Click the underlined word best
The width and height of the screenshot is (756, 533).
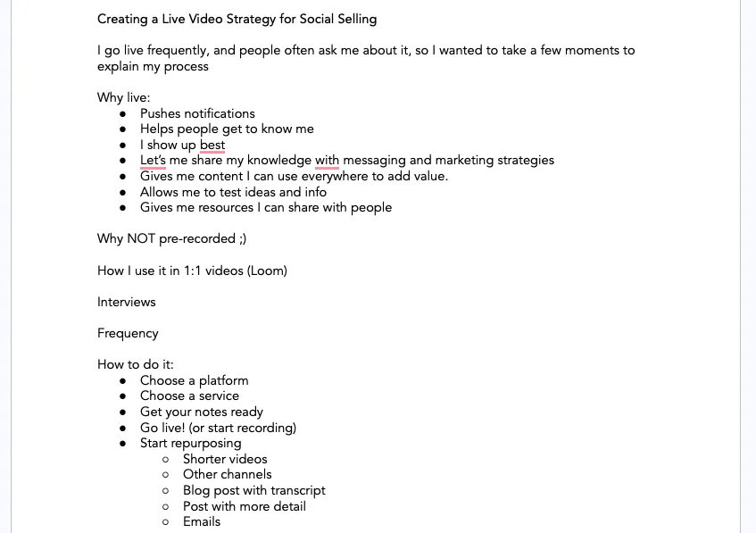coord(212,145)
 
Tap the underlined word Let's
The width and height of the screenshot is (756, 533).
coord(153,161)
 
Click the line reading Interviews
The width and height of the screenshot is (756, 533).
coord(127,302)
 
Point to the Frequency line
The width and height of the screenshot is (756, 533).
coord(128,333)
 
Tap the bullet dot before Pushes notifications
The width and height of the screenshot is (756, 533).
coord(122,114)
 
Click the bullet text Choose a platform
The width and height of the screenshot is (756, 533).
coord(194,380)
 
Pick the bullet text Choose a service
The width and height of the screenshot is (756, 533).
coord(189,396)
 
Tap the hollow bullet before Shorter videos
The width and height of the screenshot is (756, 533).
coord(165,460)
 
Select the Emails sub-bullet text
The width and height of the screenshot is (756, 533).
coord(202,521)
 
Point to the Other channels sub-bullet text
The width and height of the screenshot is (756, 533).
coord(227,474)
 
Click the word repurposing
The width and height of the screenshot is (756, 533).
coord(207,443)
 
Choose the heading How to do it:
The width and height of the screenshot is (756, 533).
coord(136,364)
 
